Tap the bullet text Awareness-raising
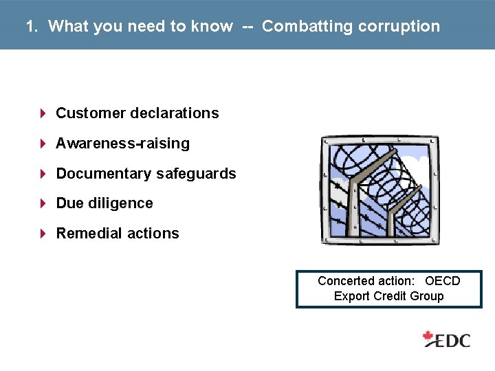122,144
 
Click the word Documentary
103,174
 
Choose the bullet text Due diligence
104,203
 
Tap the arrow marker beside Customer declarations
43,113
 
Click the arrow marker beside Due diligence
43,203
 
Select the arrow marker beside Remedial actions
43,234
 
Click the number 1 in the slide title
30,26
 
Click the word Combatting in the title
305,26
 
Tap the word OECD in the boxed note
442,281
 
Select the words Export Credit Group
388,296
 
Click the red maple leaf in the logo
429,337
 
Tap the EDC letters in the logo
454,339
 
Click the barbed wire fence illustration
380,190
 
